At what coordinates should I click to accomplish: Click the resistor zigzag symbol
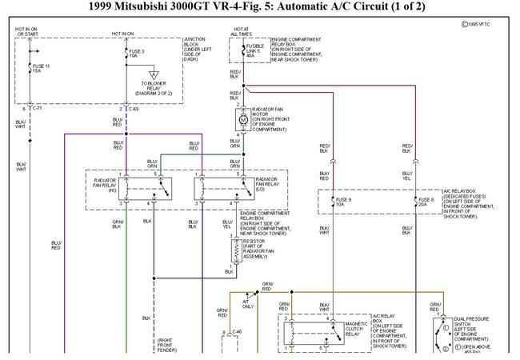tap(236, 251)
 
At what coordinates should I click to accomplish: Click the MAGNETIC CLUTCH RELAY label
tap(357, 329)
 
